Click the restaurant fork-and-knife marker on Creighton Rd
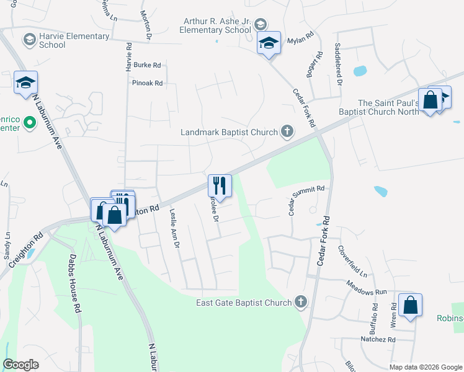click(x=220, y=184)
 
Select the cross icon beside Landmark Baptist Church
click(x=287, y=131)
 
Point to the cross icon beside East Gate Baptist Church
click(x=301, y=302)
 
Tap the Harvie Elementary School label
click(x=74, y=40)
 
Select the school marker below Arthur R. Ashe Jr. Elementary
click(x=269, y=43)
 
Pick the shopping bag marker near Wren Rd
click(x=410, y=305)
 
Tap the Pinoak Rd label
click(x=147, y=82)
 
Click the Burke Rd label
click(x=148, y=64)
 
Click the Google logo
click(x=20, y=365)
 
